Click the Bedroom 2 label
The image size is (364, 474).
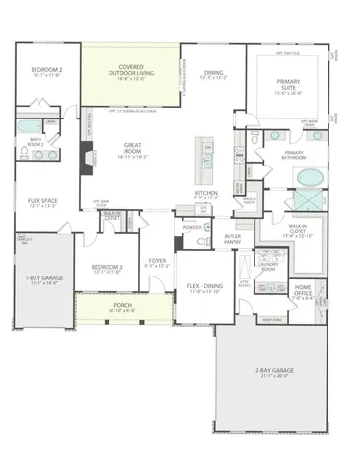click(x=46, y=71)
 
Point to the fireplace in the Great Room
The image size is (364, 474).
click(x=88, y=155)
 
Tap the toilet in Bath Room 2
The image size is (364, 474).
click(x=25, y=153)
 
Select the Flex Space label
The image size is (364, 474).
click(x=41, y=201)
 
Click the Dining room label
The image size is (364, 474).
click(x=213, y=73)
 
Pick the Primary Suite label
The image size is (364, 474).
click(x=290, y=86)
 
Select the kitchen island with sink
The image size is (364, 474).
click(x=204, y=154)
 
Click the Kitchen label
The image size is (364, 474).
click(x=205, y=193)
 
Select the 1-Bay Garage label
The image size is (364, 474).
click(x=44, y=279)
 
